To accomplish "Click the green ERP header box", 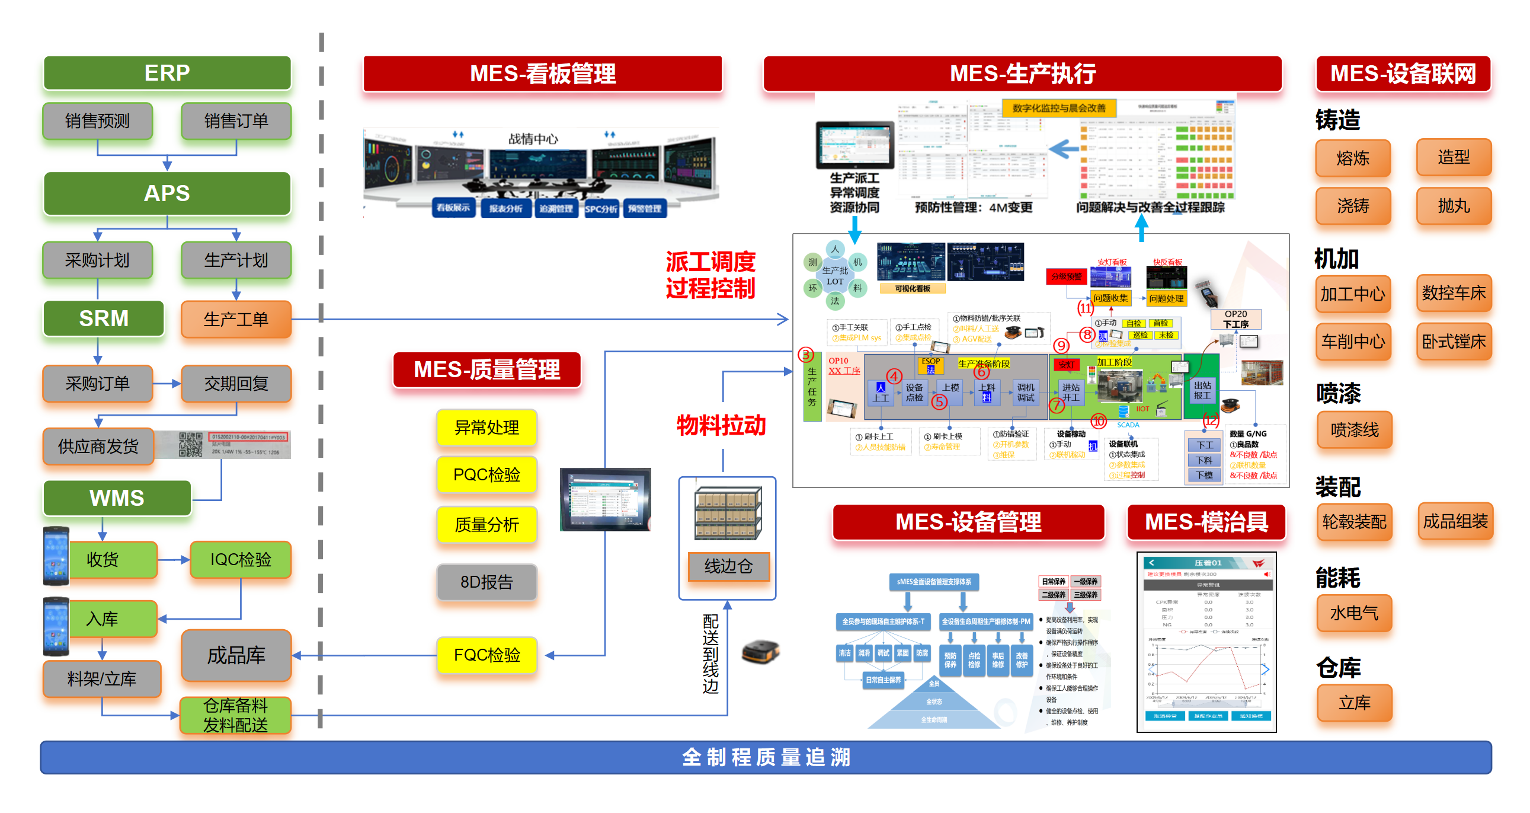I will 167,73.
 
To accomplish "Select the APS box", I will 167,193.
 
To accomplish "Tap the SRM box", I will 104,318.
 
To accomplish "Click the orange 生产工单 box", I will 236,319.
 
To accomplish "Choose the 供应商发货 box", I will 98,446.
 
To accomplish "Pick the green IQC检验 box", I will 241,559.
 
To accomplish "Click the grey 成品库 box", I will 236,655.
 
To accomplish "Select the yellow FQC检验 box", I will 486,655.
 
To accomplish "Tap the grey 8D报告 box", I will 486,582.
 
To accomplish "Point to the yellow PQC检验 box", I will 486,474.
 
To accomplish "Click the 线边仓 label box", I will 728,566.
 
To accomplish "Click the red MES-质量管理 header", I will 486,369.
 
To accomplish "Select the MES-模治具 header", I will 1206,522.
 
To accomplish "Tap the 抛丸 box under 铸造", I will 1454,206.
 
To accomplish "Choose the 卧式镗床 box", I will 1454,341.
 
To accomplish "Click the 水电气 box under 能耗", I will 1353,613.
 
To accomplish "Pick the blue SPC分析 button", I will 601,209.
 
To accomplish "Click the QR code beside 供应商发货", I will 191,444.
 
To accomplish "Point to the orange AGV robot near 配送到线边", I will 760,651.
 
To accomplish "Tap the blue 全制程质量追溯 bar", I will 765,757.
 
